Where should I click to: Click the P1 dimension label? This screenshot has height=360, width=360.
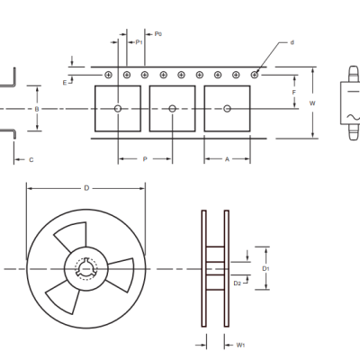(139, 42)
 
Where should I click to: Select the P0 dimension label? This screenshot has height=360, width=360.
(157, 34)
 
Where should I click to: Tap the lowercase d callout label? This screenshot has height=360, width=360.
(292, 42)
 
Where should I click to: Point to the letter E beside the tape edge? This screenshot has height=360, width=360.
(65, 82)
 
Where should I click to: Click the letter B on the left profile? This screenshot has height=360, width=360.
(36, 108)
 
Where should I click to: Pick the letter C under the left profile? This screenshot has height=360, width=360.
(31, 159)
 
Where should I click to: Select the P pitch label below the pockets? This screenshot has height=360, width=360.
(144, 159)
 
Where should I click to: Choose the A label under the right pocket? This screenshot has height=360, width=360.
(226, 159)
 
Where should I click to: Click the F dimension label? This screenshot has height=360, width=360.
(293, 92)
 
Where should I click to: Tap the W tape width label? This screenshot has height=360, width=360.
(312, 103)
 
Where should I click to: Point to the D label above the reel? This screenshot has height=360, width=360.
(86, 188)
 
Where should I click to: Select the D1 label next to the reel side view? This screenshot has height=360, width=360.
(265, 268)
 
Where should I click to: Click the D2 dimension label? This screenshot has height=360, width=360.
(237, 283)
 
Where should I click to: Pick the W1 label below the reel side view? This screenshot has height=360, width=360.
(240, 345)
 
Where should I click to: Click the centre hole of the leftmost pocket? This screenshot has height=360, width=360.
(118, 109)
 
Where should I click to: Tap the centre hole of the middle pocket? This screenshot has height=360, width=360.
(172, 109)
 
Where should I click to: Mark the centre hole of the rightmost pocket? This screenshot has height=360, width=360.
(227, 109)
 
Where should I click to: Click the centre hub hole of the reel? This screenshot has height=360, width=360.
(85, 268)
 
